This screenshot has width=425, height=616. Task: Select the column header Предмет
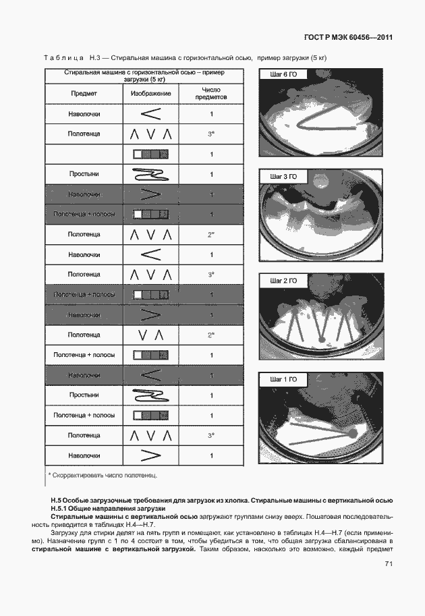click(84, 93)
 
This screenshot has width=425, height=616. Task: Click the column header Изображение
click(150, 93)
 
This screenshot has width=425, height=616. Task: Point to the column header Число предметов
click(211, 93)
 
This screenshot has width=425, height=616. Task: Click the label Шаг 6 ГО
click(283, 74)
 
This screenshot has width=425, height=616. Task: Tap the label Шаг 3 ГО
click(283, 177)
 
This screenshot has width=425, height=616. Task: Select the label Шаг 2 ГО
click(283, 280)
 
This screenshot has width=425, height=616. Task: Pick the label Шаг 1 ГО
click(283, 380)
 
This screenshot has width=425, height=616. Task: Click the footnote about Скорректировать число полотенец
click(103, 476)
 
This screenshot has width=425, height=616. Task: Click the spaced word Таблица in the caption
click(63, 58)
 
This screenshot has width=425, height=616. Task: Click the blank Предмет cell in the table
click(84, 155)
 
